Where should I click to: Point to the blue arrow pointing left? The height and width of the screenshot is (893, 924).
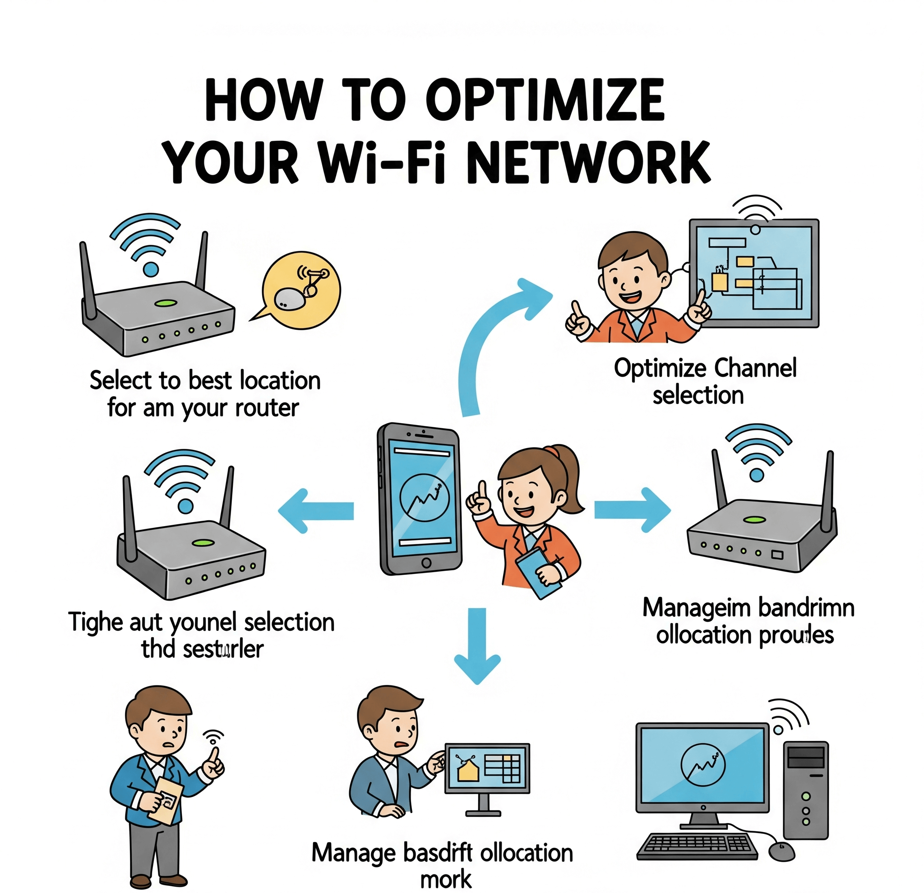coord(316,511)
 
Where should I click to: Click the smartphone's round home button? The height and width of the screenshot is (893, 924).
coord(426,563)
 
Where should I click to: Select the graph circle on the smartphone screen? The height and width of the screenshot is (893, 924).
coord(424,497)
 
